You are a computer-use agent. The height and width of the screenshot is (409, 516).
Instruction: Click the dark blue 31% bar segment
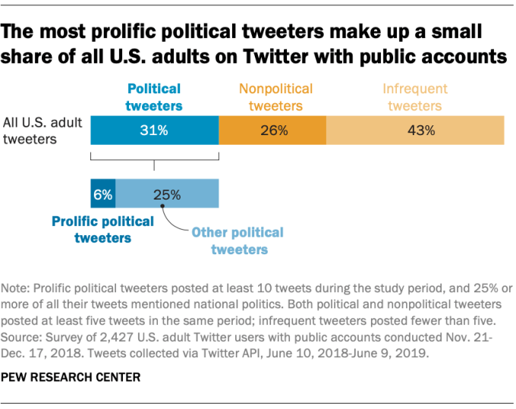tap(154, 130)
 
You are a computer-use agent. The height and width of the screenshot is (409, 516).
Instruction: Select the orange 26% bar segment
tap(272, 130)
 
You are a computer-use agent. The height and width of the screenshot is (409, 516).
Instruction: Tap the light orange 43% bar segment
tap(415, 130)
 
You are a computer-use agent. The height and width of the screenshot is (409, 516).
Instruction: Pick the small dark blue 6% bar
tap(102, 193)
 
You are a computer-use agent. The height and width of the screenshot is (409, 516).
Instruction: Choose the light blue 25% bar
tap(167, 193)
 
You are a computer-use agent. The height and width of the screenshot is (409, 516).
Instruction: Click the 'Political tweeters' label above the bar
tap(154, 96)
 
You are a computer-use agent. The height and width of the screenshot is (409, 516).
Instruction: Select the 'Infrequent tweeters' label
tap(413, 96)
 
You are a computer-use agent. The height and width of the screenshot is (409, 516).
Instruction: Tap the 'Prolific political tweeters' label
tap(102, 229)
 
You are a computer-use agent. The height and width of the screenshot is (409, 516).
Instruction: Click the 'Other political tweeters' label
tap(238, 240)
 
